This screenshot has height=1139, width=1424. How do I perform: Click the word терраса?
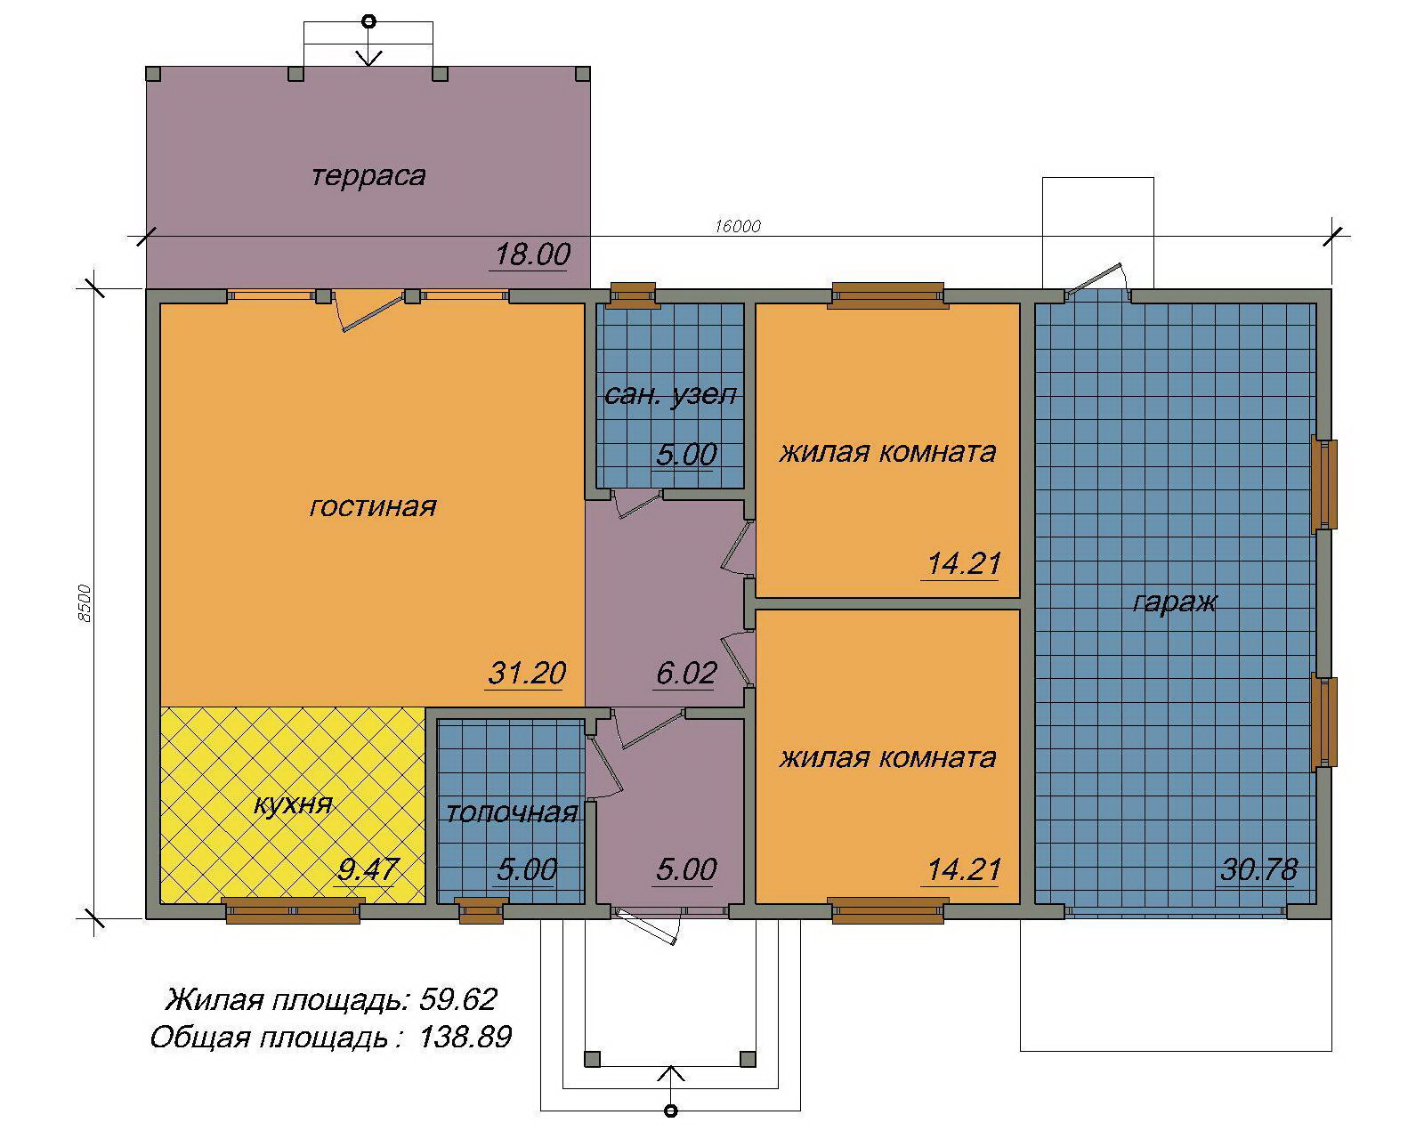click(x=368, y=176)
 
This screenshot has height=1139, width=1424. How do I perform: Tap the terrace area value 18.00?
click(x=532, y=254)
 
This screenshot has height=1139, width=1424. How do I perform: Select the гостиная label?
click(x=373, y=507)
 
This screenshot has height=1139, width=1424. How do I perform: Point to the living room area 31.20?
click(x=527, y=673)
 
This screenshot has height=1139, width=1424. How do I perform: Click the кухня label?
click(x=293, y=804)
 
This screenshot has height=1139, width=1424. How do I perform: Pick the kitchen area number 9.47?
click(x=368, y=869)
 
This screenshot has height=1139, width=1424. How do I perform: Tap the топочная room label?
click(x=512, y=812)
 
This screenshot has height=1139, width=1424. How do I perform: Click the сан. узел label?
click(x=670, y=395)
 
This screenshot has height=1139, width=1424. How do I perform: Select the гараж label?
click(x=1175, y=602)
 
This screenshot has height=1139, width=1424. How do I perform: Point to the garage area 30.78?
click(x=1258, y=869)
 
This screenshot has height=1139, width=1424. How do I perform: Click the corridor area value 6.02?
click(x=686, y=673)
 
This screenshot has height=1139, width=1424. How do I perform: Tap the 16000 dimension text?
click(x=737, y=226)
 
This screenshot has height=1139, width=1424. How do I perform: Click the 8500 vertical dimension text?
click(x=85, y=603)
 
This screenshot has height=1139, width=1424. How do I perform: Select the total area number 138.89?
click(x=465, y=1037)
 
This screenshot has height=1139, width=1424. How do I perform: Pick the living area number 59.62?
click(x=457, y=999)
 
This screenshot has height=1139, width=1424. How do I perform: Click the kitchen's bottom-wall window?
click(x=293, y=910)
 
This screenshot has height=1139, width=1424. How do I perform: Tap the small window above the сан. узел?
click(x=633, y=295)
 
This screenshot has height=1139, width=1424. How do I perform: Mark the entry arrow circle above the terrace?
click(x=369, y=22)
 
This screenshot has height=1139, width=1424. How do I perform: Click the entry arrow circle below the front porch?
click(x=670, y=1111)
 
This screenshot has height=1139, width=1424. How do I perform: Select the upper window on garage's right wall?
click(x=1324, y=484)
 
